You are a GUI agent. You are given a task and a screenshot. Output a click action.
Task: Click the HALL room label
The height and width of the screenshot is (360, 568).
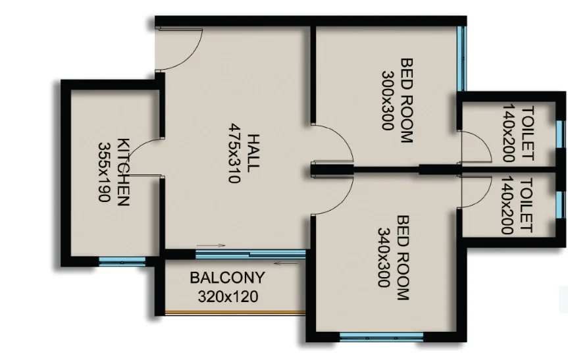tap(254, 153)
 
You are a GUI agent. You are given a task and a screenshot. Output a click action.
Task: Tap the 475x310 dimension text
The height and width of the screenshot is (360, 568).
tap(235, 153)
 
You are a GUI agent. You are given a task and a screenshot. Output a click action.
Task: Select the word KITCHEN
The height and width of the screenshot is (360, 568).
tap(123, 172)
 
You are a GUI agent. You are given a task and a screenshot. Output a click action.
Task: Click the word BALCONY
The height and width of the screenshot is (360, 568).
tap(228, 278)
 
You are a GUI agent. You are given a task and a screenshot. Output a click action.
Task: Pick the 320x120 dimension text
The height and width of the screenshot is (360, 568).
tap(228, 297)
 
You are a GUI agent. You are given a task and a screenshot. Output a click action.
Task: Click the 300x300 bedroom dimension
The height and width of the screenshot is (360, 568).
tap(388, 100)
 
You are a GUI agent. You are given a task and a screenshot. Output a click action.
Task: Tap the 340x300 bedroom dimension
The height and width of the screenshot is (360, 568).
tap(384, 257)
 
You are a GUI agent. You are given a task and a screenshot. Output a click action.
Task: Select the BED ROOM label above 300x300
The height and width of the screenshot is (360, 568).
tap(407, 101)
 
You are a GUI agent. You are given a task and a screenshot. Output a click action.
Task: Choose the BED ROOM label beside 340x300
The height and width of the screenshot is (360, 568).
tap(403, 258)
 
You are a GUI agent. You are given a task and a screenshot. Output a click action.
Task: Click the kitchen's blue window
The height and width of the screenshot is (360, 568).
tap(122, 261)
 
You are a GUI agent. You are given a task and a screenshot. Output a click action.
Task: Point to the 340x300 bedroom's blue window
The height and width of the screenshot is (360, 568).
tap(382, 338)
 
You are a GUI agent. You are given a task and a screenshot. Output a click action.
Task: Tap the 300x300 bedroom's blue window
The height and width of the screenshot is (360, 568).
tap(462, 59)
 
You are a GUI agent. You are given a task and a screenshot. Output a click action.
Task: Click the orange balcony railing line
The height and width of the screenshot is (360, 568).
tap(235, 312)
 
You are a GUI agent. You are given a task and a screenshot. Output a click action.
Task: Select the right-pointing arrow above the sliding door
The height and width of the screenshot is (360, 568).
tap(211, 245)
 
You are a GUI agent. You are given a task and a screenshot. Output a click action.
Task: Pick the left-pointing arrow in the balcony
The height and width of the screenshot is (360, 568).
tap(286, 263)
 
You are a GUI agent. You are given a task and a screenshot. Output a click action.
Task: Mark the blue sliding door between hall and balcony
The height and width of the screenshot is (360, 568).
tap(250, 254)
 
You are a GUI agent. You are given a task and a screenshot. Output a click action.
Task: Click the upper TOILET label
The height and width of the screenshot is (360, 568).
tap(527, 133)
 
